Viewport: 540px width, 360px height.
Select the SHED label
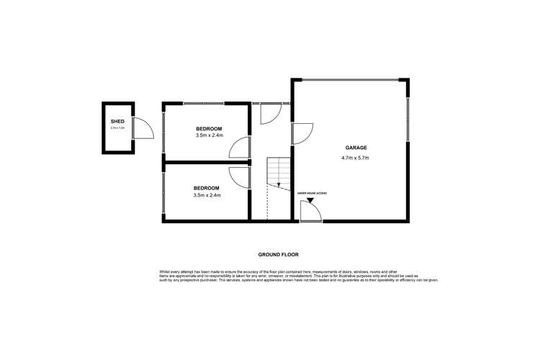pos(117,122)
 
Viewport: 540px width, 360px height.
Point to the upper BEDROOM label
pos(209,128)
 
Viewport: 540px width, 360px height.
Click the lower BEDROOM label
pos(207,188)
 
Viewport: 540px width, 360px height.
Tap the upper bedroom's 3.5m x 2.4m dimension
pos(209,135)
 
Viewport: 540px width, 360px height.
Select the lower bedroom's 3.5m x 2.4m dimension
pos(207,195)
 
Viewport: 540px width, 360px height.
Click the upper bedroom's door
pos(239,148)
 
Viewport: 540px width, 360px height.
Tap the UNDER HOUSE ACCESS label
pos(311,193)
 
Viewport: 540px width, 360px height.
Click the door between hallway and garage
pos(302,133)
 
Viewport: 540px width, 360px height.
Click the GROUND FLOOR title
pos(278,254)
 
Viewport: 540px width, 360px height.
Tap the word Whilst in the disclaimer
pos(165,271)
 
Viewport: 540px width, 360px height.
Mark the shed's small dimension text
pos(117,128)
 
